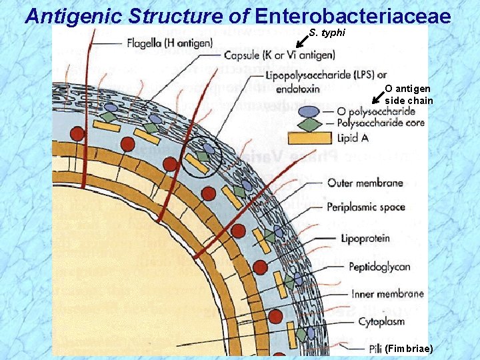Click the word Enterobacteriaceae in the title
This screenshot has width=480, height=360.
coord(354,16)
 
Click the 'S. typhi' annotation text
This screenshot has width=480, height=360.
coord(327,33)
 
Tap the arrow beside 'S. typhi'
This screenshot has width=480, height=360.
coord(301,41)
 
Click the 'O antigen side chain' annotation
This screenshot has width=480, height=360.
coord(408,95)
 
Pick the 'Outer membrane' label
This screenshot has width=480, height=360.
coord(365,183)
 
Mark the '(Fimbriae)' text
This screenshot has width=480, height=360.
coord(409,349)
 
